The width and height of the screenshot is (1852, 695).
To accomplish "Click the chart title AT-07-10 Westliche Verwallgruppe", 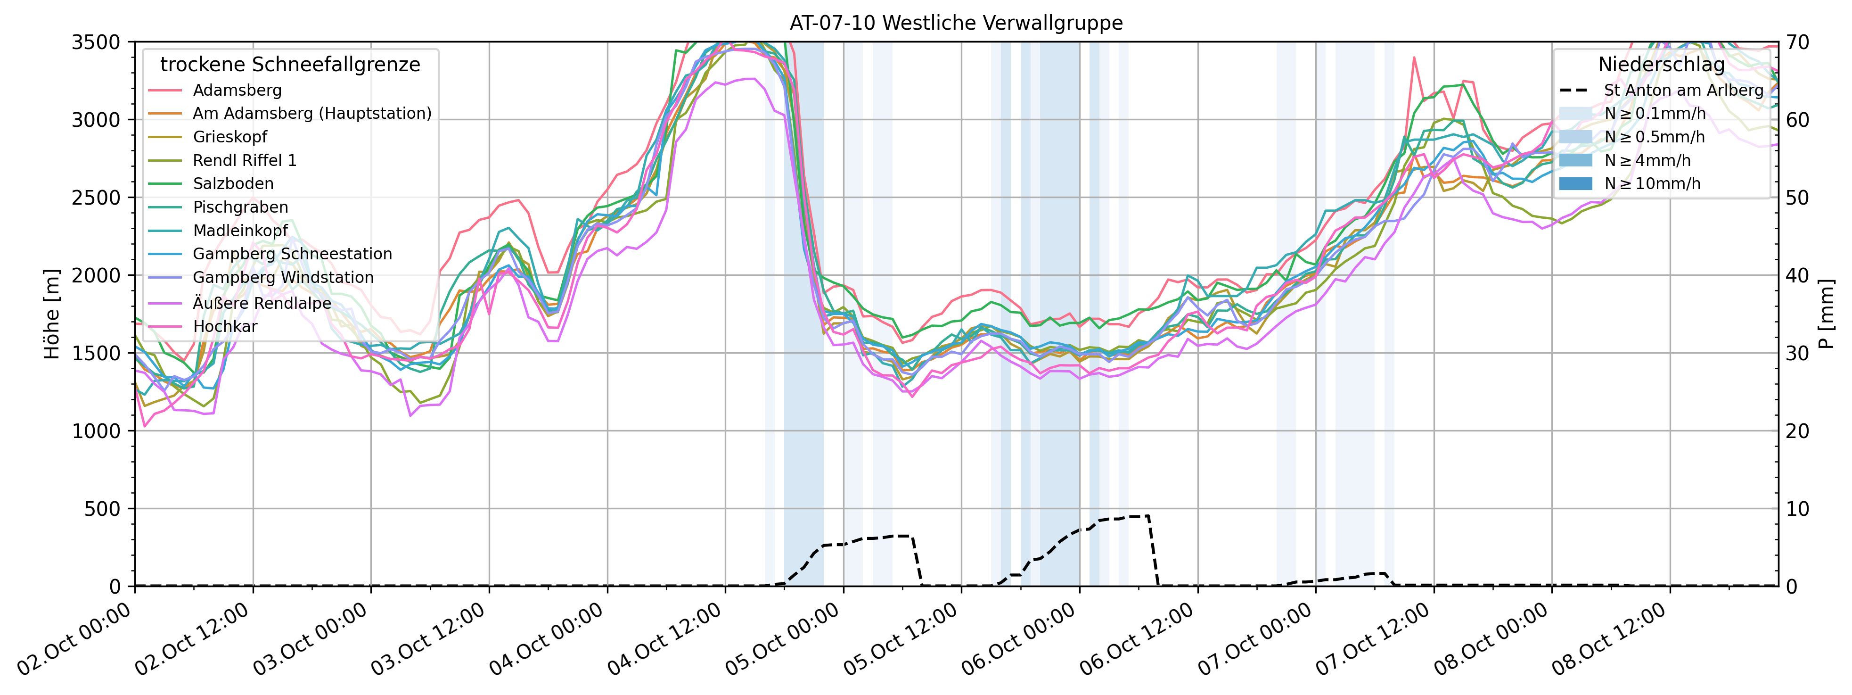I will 956,23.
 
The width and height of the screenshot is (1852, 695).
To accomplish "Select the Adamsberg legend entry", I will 237,90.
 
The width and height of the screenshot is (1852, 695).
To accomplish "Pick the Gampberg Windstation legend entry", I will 283,278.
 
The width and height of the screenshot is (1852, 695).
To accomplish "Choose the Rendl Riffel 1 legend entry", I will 245,160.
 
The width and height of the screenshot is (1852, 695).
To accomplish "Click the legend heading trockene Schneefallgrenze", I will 290,65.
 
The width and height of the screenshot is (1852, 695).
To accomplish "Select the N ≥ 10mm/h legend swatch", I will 1575,183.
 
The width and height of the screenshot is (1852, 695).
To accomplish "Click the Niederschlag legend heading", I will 1661,65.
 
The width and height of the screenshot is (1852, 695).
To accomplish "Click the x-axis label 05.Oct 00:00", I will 784,639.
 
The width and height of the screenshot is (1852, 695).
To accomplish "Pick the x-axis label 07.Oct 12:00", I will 1375,639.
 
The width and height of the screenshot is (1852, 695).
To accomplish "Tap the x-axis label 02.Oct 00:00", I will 75,639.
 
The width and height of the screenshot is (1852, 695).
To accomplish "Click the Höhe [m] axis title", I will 52,314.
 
